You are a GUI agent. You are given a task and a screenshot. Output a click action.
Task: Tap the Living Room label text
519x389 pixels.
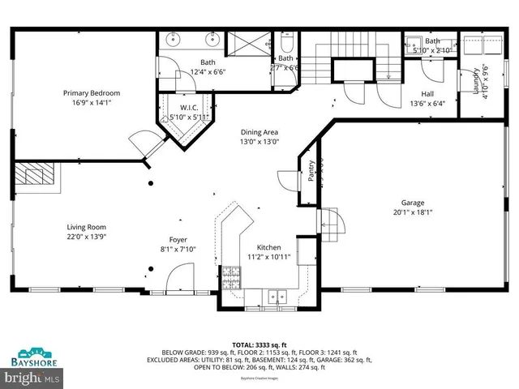[86, 227]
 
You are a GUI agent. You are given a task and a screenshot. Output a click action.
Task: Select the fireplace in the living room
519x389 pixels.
[36, 175]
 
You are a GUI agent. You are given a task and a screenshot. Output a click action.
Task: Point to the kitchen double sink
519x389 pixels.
[277, 296]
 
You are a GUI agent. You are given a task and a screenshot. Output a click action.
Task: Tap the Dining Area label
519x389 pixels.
[259, 132]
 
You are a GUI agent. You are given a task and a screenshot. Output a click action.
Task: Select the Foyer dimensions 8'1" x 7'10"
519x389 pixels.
[178, 249]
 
